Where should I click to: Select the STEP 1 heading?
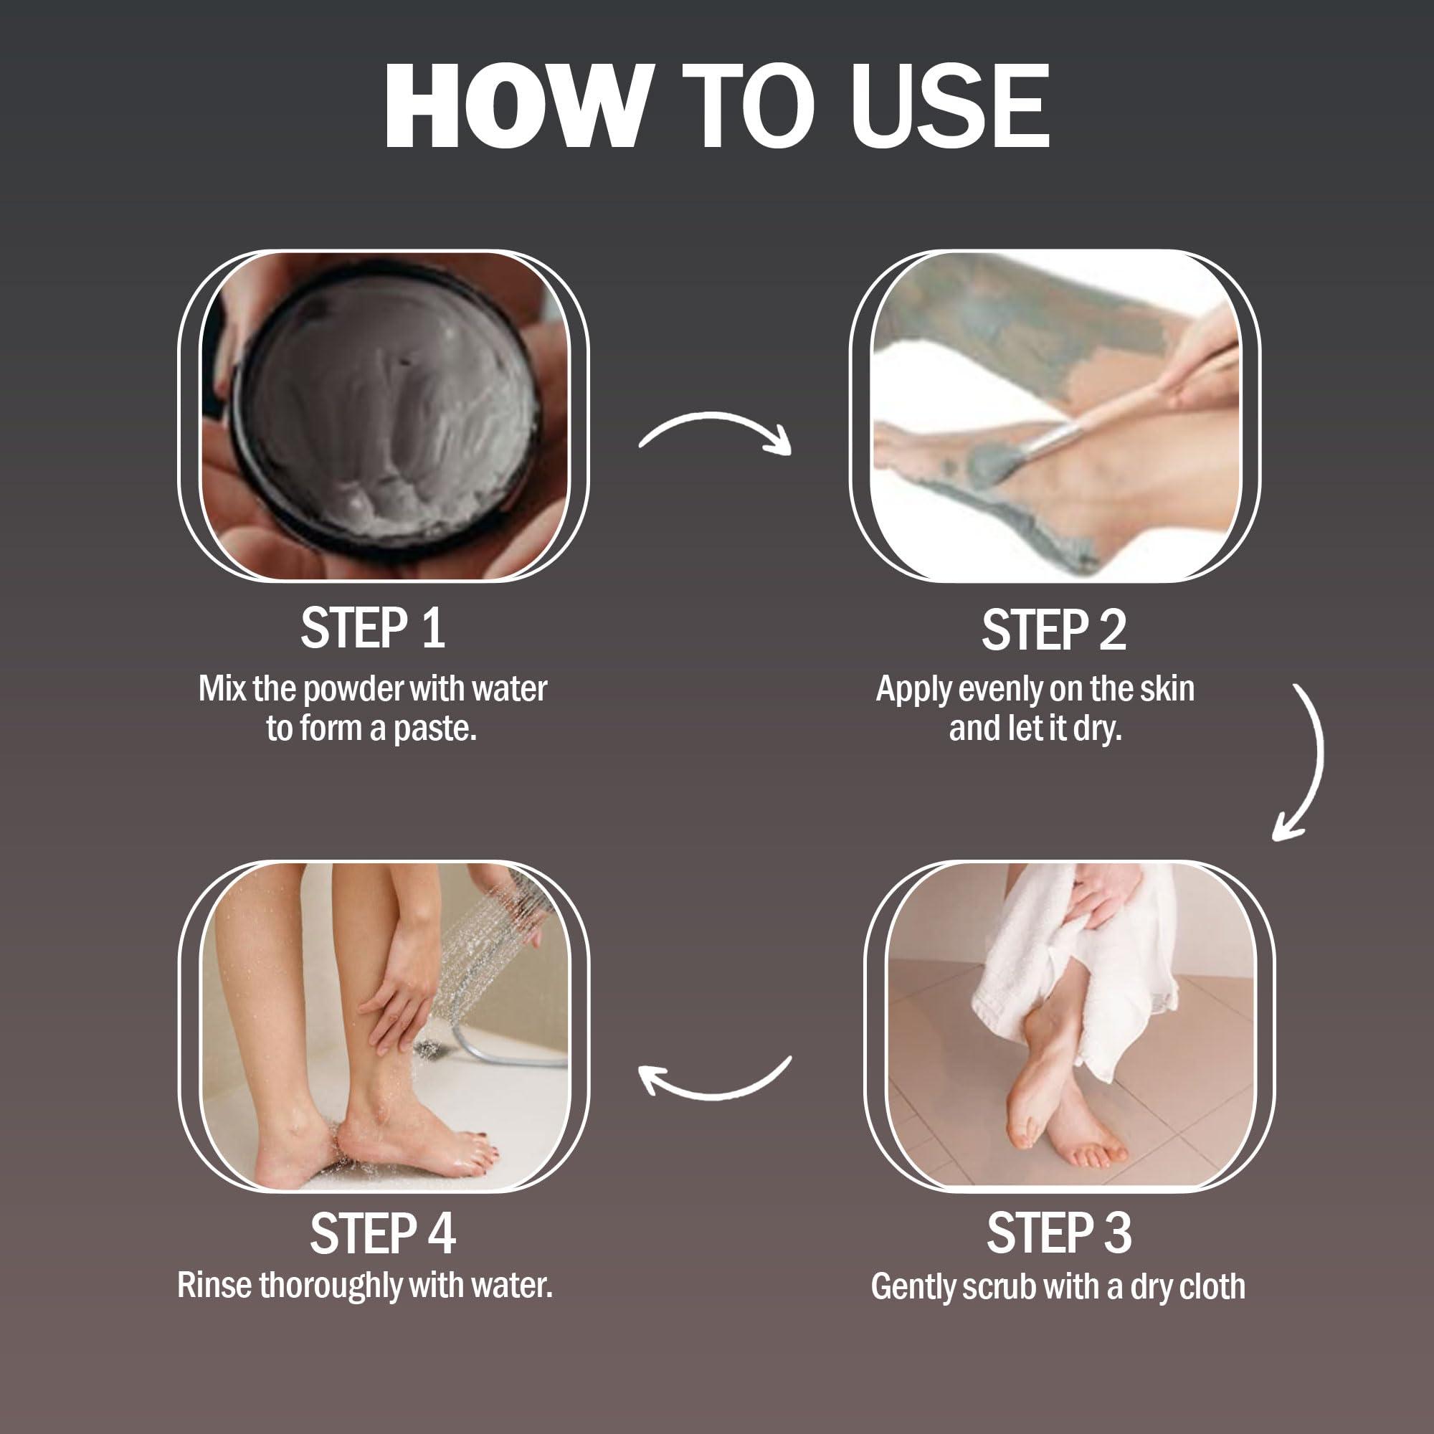[373, 629]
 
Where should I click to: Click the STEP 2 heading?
[1053, 631]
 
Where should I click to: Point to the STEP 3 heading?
[1058, 1233]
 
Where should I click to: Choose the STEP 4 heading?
[382, 1233]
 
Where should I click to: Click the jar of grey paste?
[386, 416]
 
